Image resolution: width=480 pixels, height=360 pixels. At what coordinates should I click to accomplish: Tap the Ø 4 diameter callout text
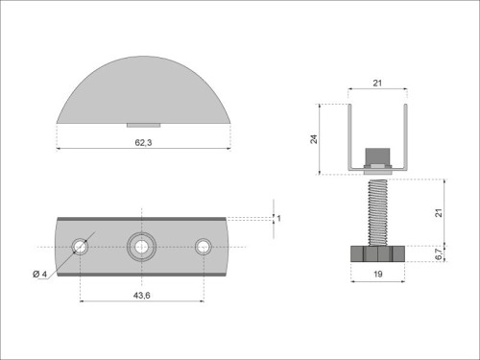pos(39,276)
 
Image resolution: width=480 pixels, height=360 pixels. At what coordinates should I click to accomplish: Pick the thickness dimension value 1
pos(278,219)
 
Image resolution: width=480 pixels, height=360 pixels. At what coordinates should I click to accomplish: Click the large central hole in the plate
pos(141,247)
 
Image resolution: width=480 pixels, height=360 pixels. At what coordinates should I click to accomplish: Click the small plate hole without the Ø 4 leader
pos(203,247)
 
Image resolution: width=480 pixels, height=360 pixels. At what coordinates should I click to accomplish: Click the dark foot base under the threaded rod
pos(377,254)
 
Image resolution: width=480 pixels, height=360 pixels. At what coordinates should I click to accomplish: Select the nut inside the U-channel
pos(377,157)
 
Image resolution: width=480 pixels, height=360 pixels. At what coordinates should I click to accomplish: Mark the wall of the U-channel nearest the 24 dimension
pos(349,134)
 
